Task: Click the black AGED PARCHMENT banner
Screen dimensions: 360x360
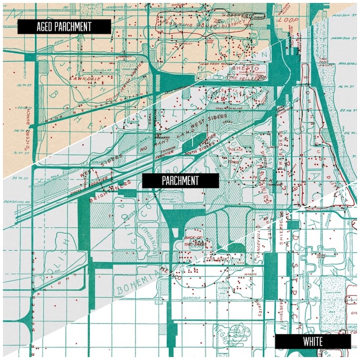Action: [64, 27]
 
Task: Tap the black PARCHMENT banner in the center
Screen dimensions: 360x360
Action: [180, 180]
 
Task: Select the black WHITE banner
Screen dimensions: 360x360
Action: [313, 341]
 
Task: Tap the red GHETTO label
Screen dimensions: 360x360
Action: [243, 68]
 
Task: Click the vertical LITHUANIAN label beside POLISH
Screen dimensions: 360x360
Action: [156, 234]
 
